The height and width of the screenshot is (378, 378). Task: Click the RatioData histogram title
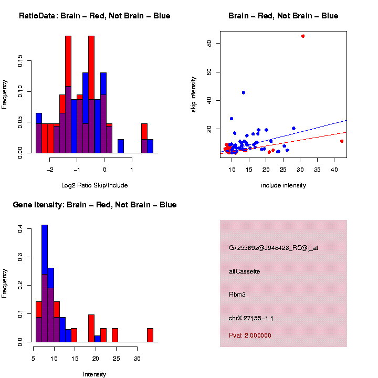pos(94,16)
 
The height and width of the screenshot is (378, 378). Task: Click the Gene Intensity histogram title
pos(94,205)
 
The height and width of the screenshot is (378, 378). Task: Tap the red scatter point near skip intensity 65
pos(303,36)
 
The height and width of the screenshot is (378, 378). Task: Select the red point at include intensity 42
pos(342,141)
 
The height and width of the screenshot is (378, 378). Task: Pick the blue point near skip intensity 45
pos(244,92)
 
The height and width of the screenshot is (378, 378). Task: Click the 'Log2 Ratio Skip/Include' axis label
pos(94,185)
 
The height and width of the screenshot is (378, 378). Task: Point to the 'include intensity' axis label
pos(283,185)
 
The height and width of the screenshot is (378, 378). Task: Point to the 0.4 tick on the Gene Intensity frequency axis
pos(20,229)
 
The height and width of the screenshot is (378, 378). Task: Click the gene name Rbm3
pos(237,295)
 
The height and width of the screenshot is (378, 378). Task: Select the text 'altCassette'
pos(245,271)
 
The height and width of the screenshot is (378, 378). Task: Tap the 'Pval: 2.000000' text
pos(250,335)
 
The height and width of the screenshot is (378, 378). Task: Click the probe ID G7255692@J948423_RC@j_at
pos(274,248)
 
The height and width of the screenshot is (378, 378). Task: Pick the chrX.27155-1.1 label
pos(251,318)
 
